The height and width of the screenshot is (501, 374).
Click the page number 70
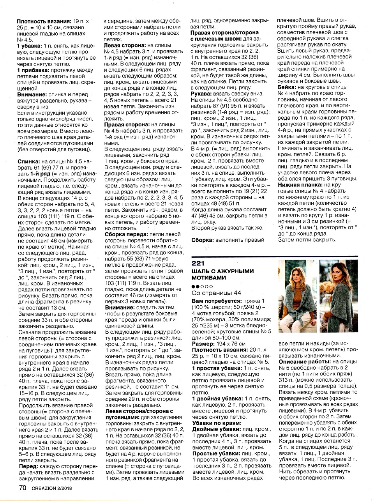tap(22, 487)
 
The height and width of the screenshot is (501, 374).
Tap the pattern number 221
tap(198, 263)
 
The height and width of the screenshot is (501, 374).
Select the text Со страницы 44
tap(216, 293)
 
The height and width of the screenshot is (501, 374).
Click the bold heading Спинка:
tap(28, 161)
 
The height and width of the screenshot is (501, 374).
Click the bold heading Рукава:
tap(201, 94)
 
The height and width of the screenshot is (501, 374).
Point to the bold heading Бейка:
tap(286, 87)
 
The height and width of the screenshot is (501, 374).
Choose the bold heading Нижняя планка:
tap(300, 184)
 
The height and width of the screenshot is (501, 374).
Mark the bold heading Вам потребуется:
tap(216, 301)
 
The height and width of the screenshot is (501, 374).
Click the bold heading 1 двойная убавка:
tap(217, 398)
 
